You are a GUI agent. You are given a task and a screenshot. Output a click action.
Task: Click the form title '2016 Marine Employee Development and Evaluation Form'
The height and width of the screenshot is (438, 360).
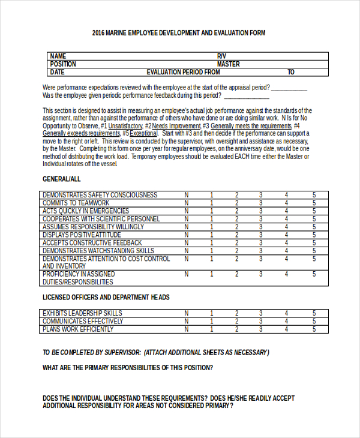[x=179, y=33]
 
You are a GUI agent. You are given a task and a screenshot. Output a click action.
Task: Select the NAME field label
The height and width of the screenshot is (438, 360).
[x=58, y=56]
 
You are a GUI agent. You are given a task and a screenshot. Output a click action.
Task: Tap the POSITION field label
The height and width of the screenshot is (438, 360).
[x=63, y=64]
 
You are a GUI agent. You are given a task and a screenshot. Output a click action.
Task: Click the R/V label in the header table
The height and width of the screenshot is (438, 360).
[x=222, y=56]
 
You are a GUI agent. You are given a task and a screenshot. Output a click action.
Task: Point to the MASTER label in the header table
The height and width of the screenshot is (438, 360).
[x=228, y=64]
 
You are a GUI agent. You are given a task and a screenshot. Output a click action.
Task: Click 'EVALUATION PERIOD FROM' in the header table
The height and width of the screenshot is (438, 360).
[x=183, y=72]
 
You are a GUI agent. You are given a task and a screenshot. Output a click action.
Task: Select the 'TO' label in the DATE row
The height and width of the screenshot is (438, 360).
[x=291, y=72]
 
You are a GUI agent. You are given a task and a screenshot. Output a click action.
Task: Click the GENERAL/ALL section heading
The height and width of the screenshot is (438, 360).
[x=61, y=179]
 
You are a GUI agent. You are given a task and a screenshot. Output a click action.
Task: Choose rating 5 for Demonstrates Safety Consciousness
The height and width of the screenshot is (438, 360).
[x=314, y=195]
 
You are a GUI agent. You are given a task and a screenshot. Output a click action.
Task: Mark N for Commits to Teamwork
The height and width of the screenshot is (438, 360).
[x=186, y=203]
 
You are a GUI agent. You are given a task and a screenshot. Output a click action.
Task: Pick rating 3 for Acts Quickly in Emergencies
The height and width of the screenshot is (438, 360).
[x=260, y=211]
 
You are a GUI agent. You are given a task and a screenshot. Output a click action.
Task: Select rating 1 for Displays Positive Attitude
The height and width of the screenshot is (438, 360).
[x=211, y=235]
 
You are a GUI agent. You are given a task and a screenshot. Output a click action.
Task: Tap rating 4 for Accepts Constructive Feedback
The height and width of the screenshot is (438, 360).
[x=286, y=243]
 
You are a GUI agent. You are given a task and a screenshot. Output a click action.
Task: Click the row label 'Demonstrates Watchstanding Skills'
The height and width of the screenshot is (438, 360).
[x=98, y=251]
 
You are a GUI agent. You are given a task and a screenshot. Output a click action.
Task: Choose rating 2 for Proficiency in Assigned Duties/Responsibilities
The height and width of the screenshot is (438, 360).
[x=236, y=274]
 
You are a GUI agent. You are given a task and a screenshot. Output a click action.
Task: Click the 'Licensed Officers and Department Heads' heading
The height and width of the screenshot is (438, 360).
[x=106, y=297]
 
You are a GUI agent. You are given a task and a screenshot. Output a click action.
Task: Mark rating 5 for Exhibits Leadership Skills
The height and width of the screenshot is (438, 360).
[x=314, y=313]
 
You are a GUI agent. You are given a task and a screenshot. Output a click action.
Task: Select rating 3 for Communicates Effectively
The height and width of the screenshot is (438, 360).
[x=260, y=321]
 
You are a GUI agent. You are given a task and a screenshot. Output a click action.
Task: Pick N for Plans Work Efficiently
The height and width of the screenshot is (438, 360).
[x=186, y=329]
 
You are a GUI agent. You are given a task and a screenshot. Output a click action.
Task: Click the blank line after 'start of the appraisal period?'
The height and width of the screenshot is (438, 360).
[x=289, y=88]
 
